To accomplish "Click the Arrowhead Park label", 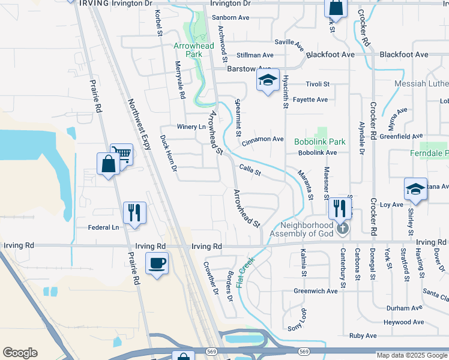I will tap(188, 50).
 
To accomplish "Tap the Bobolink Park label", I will tap(320, 142).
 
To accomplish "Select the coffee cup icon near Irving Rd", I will tap(157, 263).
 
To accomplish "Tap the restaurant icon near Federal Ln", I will tap(134, 212).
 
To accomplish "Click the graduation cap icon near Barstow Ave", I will tap(268, 80).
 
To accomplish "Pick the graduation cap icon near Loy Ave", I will tap(415, 189).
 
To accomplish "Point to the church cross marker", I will tap(342, 228).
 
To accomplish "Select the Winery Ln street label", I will tap(191, 127).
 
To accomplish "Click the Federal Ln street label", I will tap(103, 227).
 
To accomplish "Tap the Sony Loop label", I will tap(297, 320).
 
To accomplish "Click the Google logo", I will tap(20, 353).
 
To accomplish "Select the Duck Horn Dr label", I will tap(169, 156).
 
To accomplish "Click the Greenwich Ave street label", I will tap(316, 291).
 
